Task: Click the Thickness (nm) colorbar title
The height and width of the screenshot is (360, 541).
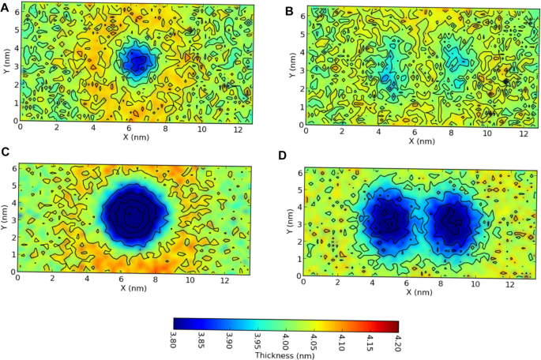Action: [285, 354]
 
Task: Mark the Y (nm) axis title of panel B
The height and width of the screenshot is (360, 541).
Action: [293, 66]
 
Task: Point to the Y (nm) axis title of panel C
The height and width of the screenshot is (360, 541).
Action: [6, 219]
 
